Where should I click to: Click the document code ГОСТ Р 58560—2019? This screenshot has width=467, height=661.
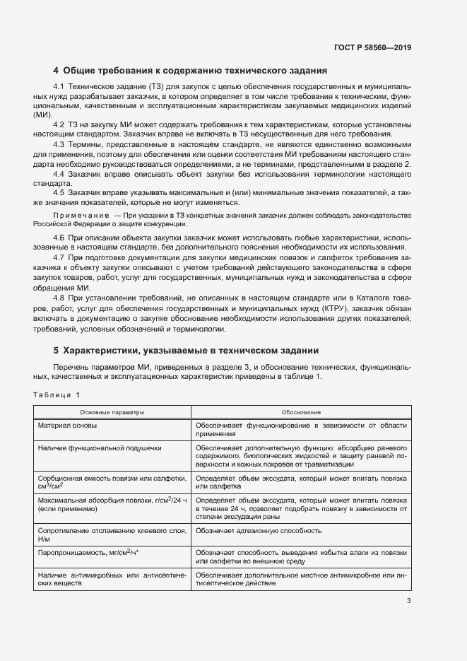[x=372, y=48]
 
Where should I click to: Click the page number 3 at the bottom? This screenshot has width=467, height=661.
[x=408, y=602]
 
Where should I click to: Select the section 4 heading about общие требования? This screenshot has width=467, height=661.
[x=189, y=71]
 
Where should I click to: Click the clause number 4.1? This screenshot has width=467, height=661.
[x=60, y=87]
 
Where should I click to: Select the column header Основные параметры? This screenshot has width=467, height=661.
[x=112, y=412]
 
